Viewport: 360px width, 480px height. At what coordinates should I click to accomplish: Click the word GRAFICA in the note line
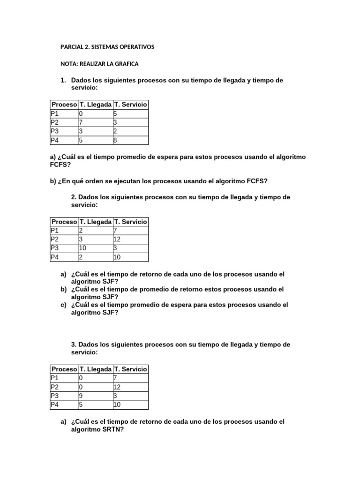click(126, 64)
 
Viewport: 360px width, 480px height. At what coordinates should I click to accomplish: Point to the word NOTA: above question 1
click(70, 64)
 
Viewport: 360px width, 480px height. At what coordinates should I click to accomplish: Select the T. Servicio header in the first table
click(130, 105)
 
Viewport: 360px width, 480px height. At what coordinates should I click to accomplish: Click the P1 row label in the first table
click(55, 113)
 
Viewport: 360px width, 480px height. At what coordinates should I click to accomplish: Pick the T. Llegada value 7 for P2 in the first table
click(81, 122)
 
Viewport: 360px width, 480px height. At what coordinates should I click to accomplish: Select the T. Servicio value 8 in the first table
click(115, 140)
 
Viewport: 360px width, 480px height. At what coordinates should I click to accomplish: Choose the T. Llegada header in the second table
click(96, 222)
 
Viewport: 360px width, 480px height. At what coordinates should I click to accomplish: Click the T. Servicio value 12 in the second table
click(117, 240)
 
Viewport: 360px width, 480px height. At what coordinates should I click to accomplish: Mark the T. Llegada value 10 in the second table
click(82, 248)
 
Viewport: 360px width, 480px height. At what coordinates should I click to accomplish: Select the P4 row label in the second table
click(55, 257)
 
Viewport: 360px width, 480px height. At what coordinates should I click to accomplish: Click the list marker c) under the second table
click(63, 305)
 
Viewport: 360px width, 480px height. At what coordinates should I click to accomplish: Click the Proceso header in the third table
click(64, 369)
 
